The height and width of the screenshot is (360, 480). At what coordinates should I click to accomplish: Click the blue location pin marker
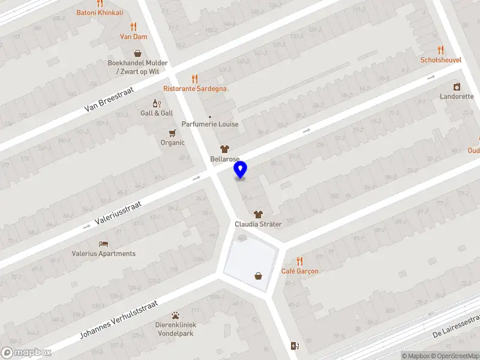241,170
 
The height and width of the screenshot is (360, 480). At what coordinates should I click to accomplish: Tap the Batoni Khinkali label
100,13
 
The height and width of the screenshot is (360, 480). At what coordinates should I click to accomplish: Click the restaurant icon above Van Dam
133,27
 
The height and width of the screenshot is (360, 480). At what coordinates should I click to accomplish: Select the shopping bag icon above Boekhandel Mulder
137,53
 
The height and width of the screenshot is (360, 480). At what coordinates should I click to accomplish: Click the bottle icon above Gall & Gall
157,104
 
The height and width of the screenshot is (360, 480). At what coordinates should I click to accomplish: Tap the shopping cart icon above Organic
173,133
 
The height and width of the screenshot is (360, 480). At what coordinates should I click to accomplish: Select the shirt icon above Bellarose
225,149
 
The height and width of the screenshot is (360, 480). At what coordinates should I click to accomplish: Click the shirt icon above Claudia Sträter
258,214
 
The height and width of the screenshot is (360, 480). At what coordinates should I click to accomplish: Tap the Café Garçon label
300,271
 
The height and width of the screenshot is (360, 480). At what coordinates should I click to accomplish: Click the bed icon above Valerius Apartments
104,244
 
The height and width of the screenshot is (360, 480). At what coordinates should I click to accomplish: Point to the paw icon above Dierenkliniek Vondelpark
175,314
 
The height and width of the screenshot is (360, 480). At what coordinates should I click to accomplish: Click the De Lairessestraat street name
456,325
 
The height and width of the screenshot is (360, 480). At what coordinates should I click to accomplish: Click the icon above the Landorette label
457,87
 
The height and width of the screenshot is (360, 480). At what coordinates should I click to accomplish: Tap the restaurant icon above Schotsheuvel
441,50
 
